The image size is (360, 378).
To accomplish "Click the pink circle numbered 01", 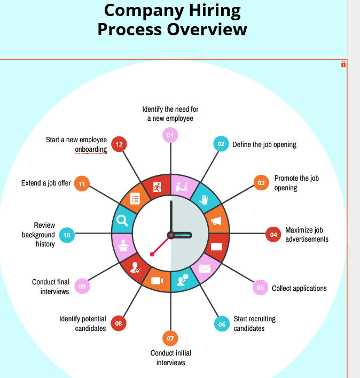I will [x=170, y=136].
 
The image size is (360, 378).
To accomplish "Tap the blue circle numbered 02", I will [x=221, y=144].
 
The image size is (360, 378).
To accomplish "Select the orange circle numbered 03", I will [x=261, y=183].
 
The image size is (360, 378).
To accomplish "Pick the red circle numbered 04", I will [x=273, y=234].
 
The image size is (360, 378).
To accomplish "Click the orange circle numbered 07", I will [x=170, y=338].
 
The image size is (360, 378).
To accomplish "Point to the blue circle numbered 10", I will [x=67, y=235].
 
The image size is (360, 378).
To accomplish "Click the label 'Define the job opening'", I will [x=264, y=144].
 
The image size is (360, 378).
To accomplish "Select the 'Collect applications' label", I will [x=299, y=288].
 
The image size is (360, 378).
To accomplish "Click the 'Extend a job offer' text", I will [x=46, y=183].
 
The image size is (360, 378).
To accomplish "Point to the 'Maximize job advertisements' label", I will [x=307, y=235].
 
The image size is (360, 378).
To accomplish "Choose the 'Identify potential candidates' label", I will [x=83, y=323].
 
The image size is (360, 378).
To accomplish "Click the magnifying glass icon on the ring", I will [x=122, y=220].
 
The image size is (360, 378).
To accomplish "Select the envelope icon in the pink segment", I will [x=205, y=268].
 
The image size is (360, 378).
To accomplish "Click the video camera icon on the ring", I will [x=157, y=281].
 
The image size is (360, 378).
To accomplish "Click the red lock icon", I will [x=343, y=64].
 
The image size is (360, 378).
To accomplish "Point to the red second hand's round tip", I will [x=152, y=254].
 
